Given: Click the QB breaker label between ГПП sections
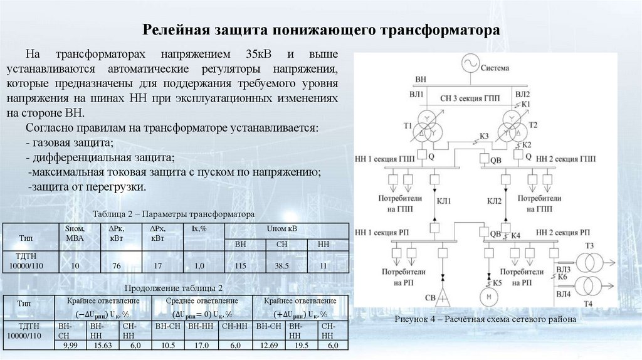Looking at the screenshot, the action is point(496,160).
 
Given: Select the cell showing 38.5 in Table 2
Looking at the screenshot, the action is point(276,266).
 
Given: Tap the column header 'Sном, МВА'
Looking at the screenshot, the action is point(75,233).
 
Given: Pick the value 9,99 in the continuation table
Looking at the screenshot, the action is point(70,346).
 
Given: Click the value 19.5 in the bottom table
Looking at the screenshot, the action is point(302,346).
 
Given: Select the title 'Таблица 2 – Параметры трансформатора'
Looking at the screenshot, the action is point(173,214).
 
